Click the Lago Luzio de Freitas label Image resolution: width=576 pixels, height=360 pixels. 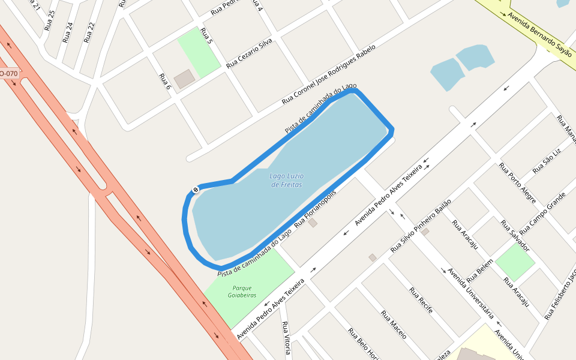click(x=286, y=180)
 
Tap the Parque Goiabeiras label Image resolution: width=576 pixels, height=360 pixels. click(x=242, y=292)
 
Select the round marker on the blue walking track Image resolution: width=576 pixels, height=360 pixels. click(x=195, y=190)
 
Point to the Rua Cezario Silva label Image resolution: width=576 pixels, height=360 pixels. click(x=249, y=53)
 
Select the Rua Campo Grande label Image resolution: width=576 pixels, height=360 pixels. click(x=542, y=214)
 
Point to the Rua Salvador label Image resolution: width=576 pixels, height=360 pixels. click(x=515, y=236)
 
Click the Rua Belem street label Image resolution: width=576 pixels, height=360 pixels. click(x=479, y=271)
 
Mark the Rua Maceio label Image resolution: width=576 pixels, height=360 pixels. click(x=394, y=325)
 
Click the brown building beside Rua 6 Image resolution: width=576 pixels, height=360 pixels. click(x=184, y=79)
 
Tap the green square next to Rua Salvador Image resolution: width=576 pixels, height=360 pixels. click(x=515, y=263)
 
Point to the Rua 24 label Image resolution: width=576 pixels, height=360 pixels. click(x=68, y=32)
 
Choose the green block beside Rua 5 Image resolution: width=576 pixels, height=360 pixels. click(x=199, y=52)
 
